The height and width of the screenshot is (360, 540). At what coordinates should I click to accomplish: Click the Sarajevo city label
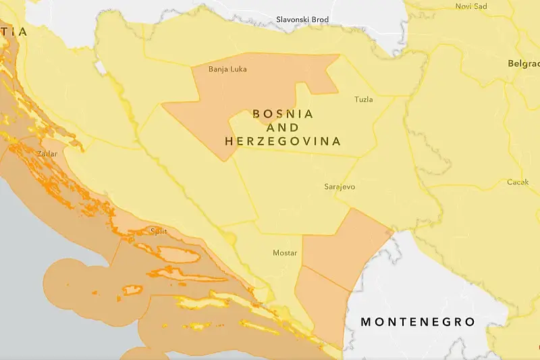340,186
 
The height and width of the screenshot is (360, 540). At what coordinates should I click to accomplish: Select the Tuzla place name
363,100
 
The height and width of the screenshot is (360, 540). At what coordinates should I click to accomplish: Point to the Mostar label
284,253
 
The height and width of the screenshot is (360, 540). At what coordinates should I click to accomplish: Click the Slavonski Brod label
302,20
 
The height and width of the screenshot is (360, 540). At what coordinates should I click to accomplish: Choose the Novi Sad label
471,6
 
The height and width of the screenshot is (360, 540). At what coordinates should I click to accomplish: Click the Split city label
159,232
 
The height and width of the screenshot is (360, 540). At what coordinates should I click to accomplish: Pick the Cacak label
518,182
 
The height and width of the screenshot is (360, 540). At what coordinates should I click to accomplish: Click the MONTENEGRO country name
418,322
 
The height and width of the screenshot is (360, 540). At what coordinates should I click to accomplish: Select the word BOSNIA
283,114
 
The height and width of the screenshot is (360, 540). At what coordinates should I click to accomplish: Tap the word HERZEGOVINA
283,142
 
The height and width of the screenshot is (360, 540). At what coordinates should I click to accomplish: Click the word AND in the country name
283,128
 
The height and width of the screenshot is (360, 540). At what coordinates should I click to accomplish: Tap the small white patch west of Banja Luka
101,68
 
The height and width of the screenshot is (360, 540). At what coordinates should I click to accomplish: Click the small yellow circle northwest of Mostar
231,238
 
